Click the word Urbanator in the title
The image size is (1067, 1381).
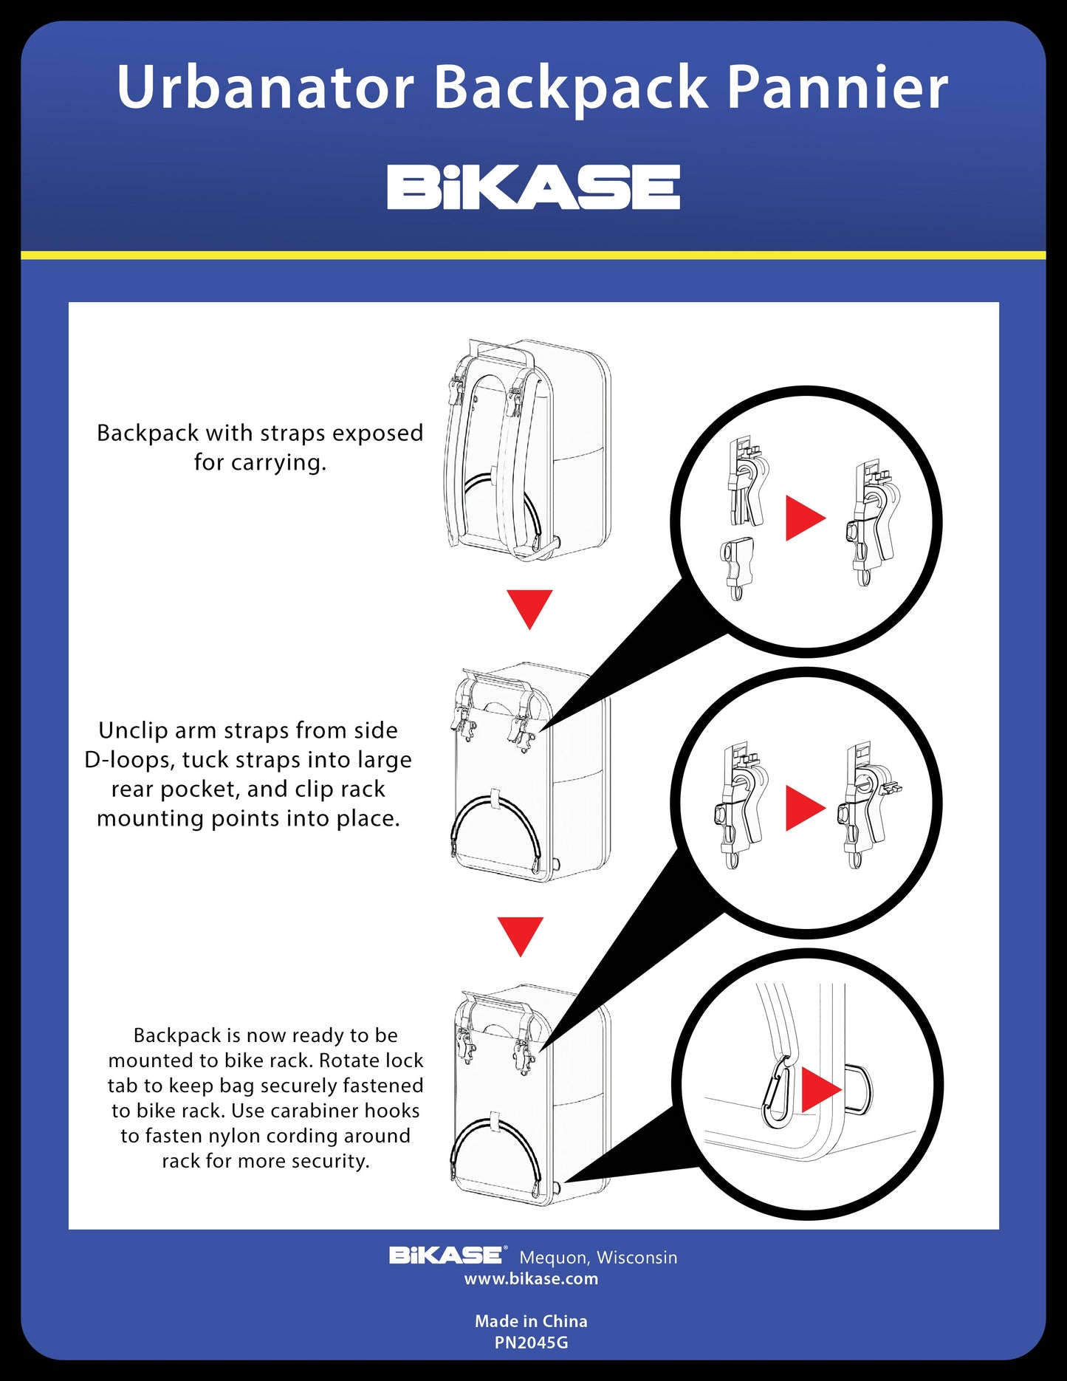[x=266, y=87]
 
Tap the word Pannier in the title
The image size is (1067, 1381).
[x=838, y=87]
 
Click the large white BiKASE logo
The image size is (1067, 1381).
[x=533, y=187]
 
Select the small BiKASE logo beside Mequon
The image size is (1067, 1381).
[x=447, y=1255]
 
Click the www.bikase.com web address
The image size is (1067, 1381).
[x=532, y=1279]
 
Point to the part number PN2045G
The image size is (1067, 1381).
[x=532, y=1343]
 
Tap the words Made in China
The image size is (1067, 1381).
[x=532, y=1321]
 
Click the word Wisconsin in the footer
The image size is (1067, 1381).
[x=637, y=1257]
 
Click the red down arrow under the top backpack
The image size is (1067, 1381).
[x=529, y=609]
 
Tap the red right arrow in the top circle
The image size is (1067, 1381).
[x=804, y=518]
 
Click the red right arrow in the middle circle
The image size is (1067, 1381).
[x=804, y=808]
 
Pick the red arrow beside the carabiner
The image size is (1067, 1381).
[x=820, y=1089]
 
